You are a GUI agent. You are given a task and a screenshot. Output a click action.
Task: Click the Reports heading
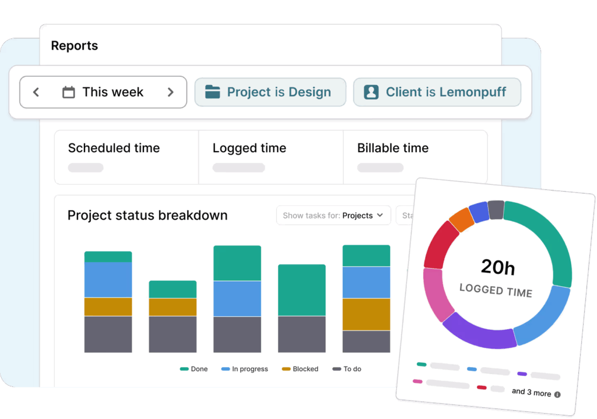(75, 45)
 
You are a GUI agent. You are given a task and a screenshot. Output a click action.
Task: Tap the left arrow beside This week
(36, 92)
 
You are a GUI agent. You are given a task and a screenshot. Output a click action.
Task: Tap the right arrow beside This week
(170, 92)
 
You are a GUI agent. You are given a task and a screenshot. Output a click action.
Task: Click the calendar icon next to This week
(69, 92)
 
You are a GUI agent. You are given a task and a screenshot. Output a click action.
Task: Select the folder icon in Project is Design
(213, 92)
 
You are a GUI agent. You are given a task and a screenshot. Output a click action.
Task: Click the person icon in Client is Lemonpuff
(371, 92)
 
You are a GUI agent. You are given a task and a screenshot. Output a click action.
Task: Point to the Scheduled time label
(114, 148)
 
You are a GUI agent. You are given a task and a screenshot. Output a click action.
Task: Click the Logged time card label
(250, 148)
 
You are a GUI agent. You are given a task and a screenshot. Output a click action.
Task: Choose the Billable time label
(393, 148)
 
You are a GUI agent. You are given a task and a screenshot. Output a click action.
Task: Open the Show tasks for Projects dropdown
(333, 216)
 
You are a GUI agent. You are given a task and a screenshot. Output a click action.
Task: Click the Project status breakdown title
(148, 215)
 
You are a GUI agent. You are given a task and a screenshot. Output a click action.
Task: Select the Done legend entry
(194, 369)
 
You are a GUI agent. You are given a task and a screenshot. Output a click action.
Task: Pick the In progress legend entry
(245, 369)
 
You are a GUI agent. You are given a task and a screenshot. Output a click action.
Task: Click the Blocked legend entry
(300, 369)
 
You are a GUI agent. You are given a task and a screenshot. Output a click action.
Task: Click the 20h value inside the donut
(498, 267)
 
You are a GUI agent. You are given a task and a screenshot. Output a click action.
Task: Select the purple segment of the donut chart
(478, 332)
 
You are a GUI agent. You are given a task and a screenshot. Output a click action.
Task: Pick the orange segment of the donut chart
(462, 219)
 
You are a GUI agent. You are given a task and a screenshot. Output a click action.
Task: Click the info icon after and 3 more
(557, 395)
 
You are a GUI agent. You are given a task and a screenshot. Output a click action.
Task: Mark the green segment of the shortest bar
(173, 290)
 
